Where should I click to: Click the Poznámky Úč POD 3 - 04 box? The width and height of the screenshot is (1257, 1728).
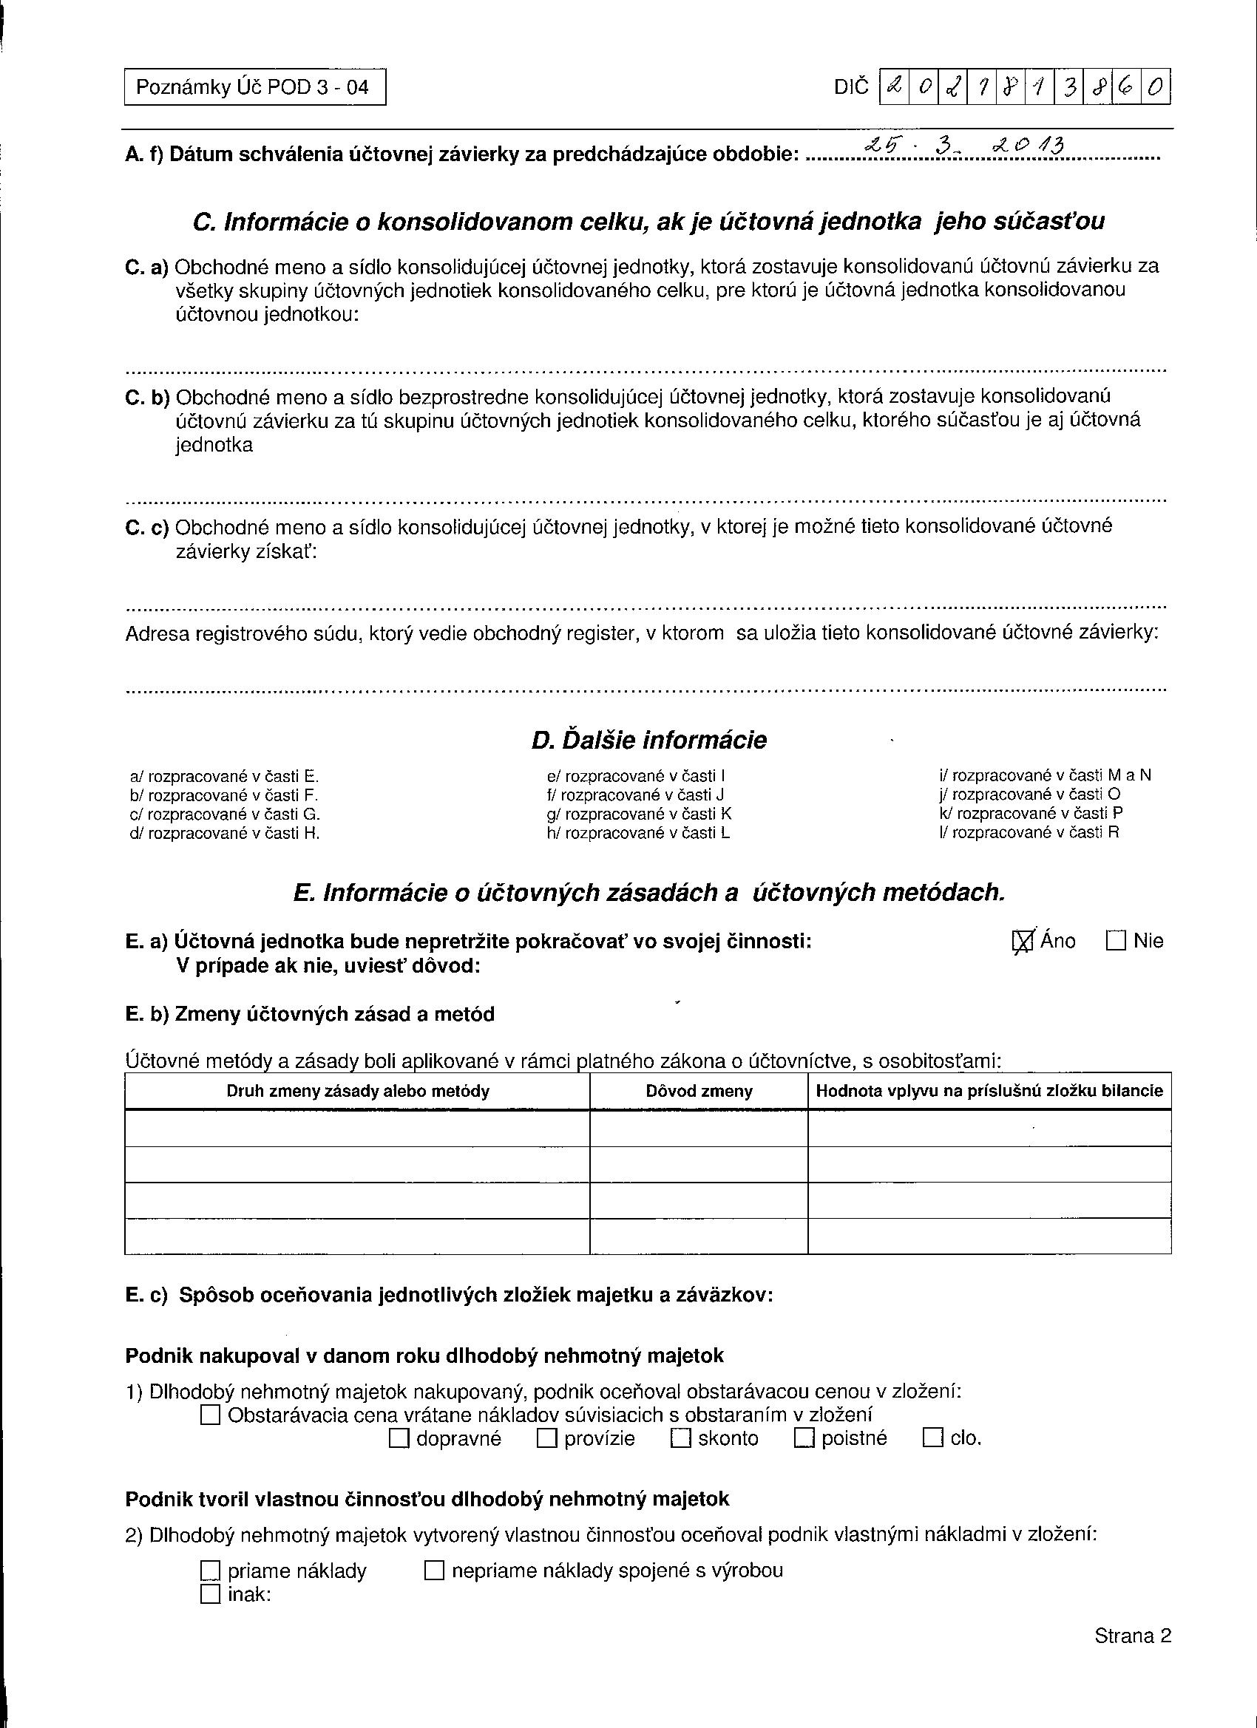(x=254, y=87)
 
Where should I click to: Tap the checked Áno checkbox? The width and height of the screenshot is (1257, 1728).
(x=1022, y=942)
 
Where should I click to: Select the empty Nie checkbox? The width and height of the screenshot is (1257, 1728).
(x=1115, y=941)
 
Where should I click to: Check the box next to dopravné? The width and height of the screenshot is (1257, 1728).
(x=399, y=1438)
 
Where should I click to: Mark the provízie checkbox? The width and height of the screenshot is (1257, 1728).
(x=547, y=1438)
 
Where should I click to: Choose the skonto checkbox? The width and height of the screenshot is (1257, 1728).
(x=681, y=1438)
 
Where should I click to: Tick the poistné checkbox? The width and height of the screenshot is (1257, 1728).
(x=804, y=1438)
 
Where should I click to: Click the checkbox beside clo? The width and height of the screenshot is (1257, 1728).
(x=933, y=1438)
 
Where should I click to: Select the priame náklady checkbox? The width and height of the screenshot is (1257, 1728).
(x=211, y=1571)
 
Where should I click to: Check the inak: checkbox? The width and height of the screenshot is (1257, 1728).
(x=211, y=1594)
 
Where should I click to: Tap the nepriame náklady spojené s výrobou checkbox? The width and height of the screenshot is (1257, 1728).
(x=434, y=1571)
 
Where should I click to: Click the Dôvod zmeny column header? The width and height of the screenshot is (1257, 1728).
(x=698, y=1091)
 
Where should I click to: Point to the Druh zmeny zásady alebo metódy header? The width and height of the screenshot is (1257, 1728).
(x=358, y=1091)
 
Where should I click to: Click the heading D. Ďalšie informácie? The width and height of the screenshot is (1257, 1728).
(x=648, y=740)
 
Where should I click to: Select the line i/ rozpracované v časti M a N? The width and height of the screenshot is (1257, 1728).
(x=1044, y=775)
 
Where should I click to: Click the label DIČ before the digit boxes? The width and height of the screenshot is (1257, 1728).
(x=851, y=88)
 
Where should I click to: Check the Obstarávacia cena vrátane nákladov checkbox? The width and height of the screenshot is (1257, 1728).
(x=211, y=1415)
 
